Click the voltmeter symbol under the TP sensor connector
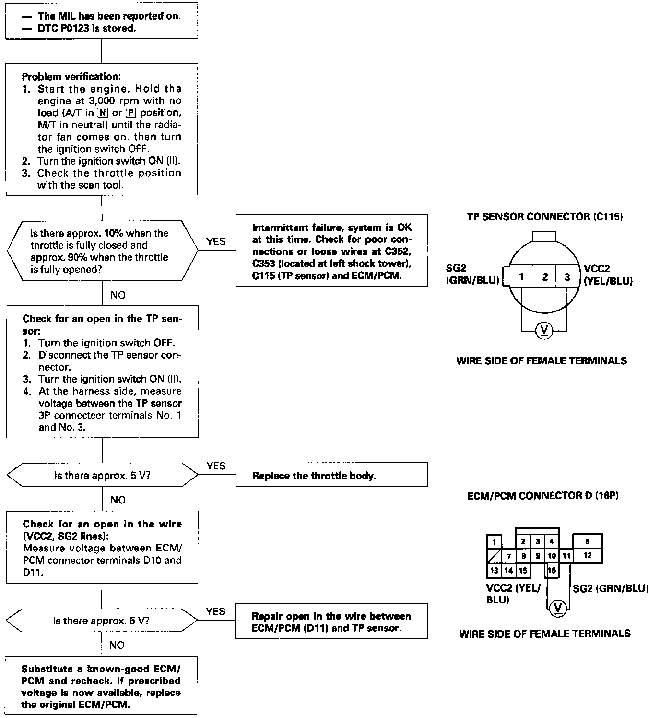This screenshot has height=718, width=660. (x=544, y=330)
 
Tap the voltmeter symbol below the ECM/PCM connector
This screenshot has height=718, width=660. (x=558, y=608)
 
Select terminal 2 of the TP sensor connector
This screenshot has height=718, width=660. (x=544, y=276)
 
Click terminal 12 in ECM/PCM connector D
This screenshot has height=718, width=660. (x=588, y=556)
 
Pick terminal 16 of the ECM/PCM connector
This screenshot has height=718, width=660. (x=552, y=570)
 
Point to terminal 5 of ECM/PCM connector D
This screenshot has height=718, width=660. (x=588, y=541)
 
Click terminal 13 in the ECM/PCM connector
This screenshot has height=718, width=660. (x=494, y=570)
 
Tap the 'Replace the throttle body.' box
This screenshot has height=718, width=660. (x=331, y=475)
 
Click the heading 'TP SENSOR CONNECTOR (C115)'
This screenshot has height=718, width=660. (x=545, y=216)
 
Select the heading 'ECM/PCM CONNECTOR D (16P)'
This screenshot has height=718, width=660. (x=542, y=496)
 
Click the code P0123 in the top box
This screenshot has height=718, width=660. (x=74, y=28)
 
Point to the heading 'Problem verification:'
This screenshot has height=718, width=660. (x=71, y=77)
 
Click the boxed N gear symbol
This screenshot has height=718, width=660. (x=103, y=113)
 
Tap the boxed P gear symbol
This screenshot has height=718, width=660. (x=131, y=113)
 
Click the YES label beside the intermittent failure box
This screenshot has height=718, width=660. (x=216, y=241)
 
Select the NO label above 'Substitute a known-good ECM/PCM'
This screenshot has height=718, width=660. (x=117, y=645)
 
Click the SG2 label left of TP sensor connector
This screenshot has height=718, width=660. (x=456, y=268)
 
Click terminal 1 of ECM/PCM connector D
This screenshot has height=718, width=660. (x=494, y=541)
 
